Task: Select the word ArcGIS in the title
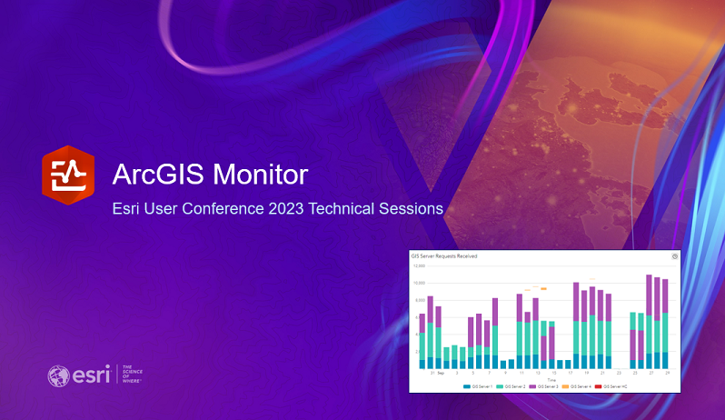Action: pyautogui.click(x=154, y=173)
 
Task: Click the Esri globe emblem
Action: pyautogui.click(x=58, y=375)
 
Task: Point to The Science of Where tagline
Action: pyautogui.click(x=133, y=375)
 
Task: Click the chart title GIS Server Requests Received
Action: pyautogui.click(x=444, y=256)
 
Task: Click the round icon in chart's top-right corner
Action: pyautogui.click(x=674, y=256)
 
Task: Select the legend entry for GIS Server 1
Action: pyautogui.click(x=476, y=386)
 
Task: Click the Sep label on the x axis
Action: pyautogui.click(x=440, y=373)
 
